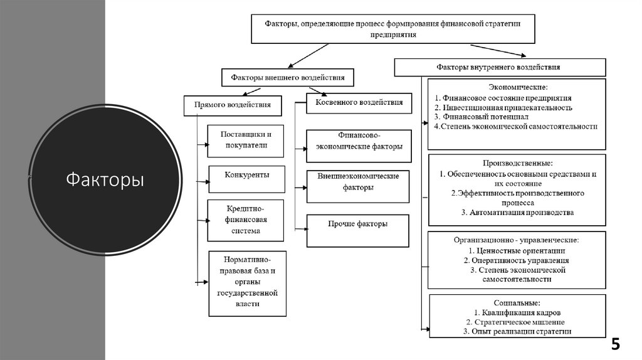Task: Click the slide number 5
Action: pyautogui.click(x=616, y=344)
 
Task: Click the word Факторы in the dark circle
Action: pyautogui.click(x=105, y=179)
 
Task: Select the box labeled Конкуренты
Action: pyautogui.click(x=246, y=179)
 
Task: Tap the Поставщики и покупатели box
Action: pyautogui.click(x=245, y=141)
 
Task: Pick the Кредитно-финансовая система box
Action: pyautogui.click(x=245, y=220)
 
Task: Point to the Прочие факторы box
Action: pyautogui.click(x=357, y=231)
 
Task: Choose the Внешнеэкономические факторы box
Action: pyautogui.click(x=357, y=186)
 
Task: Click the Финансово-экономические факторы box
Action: pyautogui.click(x=359, y=146)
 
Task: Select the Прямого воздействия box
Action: pyautogui.click(x=233, y=105)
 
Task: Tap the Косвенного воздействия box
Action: pyautogui.click(x=359, y=103)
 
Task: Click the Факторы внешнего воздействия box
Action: pyautogui.click(x=287, y=77)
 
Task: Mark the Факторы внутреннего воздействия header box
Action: pyautogui.click(x=500, y=67)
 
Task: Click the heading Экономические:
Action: pyautogui.click(x=518, y=87)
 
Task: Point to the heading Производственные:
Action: pyautogui.click(x=517, y=163)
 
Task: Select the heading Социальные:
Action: pyautogui.click(x=517, y=303)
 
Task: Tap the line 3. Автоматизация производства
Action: pyautogui.click(x=517, y=213)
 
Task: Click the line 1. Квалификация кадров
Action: pyautogui.click(x=517, y=313)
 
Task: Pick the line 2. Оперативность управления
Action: pyautogui.click(x=517, y=260)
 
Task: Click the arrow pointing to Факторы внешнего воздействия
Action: pyautogui.click(x=308, y=56)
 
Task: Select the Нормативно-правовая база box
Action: pyautogui.click(x=247, y=283)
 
